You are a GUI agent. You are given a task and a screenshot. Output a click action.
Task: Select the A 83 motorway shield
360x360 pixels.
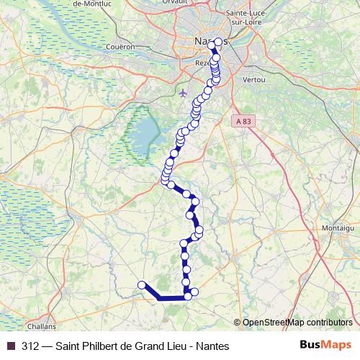pos(245,122)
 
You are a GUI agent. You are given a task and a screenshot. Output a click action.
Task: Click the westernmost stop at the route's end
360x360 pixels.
pos(143,284)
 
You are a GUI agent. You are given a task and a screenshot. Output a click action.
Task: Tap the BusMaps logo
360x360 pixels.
pos(327,346)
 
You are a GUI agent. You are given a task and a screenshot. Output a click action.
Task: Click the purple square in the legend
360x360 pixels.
pos(10,346)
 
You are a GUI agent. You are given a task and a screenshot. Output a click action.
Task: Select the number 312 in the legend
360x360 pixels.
pos(31,346)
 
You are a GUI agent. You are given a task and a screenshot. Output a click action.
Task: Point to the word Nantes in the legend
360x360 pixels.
pos(212,346)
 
